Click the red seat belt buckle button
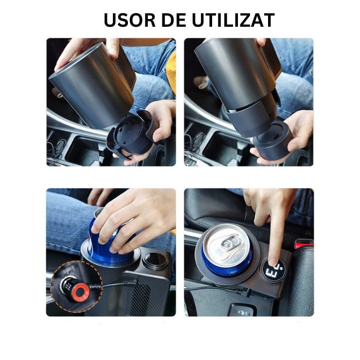pos(304,243)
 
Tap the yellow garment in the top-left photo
pos(171,73)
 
